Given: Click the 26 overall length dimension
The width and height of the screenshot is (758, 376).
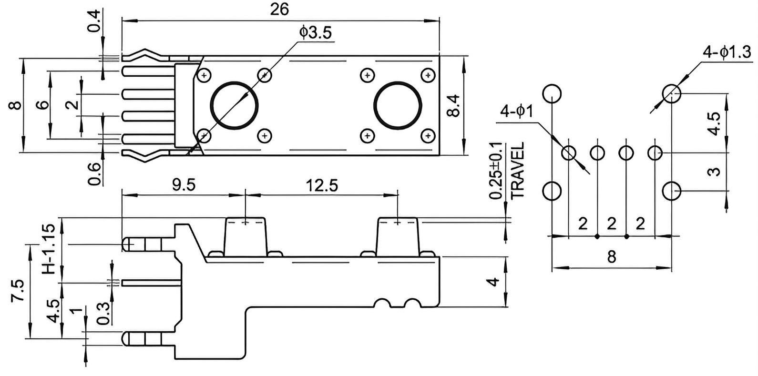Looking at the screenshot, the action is (x=279, y=10).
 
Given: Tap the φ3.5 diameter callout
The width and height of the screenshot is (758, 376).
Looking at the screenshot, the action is (x=316, y=33).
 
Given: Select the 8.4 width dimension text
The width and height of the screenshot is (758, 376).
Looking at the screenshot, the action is (x=453, y=106).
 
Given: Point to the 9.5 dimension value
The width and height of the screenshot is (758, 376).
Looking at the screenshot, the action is (x=184, y=185).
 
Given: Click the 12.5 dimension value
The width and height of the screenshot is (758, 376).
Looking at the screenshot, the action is (x=322, y=185).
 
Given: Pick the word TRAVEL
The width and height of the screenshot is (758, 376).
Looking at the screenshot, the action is (x=517, y=170).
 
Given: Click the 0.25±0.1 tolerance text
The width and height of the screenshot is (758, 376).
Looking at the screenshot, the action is (x=496, y=171).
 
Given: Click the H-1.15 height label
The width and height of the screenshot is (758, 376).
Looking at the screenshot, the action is (x=49, y=249).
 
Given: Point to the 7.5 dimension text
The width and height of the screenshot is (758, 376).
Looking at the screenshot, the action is (x=18, y=290).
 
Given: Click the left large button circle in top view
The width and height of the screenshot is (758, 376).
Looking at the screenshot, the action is (x=234, y=105).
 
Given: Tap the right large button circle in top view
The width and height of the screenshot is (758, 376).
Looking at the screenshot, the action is (x=398, y=105).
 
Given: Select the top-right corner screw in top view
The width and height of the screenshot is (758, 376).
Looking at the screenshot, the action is (x=428, y=75).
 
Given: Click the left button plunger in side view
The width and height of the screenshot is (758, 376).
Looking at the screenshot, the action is (x=246, y=237).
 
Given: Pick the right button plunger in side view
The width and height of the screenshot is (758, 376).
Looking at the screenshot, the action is (x=398, y=237).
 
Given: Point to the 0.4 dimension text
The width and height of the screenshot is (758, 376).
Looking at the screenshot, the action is (x=94, y=21).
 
